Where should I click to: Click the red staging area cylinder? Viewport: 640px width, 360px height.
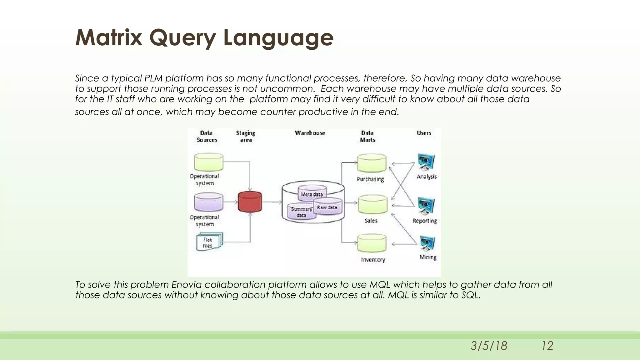[x=250, y=202]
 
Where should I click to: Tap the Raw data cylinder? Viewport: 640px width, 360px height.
[x=327, y=207]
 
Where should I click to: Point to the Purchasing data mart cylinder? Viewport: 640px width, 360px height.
[x=372, y=163]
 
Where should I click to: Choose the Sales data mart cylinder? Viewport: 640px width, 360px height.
[x=372, y=204]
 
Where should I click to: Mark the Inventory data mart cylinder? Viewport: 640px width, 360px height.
[x=372, y=243]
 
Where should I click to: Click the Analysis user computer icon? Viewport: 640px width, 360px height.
[x=426, y=162]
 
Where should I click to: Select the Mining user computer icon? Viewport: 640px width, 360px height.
[x=427, y=243]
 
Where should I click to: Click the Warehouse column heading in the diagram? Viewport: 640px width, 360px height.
[x=310, y=133]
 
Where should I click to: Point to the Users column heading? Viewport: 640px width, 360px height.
[x=424, y=133]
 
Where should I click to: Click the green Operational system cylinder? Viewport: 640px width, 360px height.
[x=208, y=162]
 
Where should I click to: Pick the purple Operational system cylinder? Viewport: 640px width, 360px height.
[x=208, y=202]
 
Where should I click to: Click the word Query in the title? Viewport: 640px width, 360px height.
[x=182, y=37]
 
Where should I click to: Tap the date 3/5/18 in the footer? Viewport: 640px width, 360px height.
[x=489, y=346]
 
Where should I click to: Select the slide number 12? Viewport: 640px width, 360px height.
[x=547, y=346]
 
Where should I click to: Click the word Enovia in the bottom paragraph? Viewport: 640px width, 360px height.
[x=186, y=285]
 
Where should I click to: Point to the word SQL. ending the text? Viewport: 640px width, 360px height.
[x=471, y=295]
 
